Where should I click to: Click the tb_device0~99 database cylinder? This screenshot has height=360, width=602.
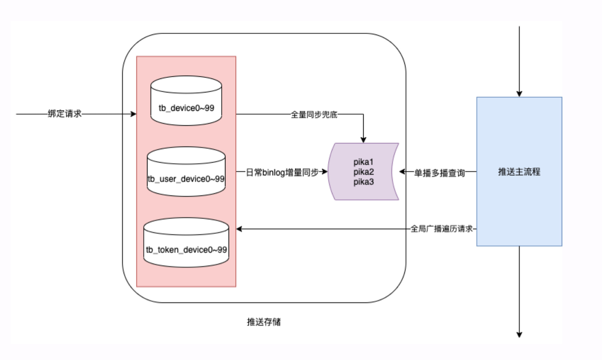(x=186, y=101)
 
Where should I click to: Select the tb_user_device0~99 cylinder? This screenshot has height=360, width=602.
(x=186, y=172)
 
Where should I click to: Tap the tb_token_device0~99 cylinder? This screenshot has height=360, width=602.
(x=186, y=242)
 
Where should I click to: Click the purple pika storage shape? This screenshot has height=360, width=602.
(x=363, y=172)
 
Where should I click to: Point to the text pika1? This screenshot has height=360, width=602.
(x=363, y=162)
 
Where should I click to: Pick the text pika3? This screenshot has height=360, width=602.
(x=363, y=182)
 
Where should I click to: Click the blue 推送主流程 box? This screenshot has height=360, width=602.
(x=519, y=172)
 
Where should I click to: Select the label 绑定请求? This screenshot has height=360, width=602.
(x=65, y=114)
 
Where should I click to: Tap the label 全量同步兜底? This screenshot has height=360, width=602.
(x=314, y=114)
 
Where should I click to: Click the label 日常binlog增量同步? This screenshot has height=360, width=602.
(x=282, y=172)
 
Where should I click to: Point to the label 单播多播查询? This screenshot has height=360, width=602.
(x=439, y=173)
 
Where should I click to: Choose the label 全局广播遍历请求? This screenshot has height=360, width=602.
(x=441, y=229)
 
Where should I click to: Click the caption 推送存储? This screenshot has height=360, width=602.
(x=264, y=322)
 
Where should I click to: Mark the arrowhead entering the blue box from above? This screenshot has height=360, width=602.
(x=519, y=94)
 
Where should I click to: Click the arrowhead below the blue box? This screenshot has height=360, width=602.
(x=519, y=335)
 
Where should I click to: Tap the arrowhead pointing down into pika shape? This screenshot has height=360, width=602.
(x=363, y=140)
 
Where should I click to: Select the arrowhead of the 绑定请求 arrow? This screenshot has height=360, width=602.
(x=133, y=114)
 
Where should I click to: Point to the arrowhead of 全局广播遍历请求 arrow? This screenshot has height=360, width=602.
(x=239, y=229)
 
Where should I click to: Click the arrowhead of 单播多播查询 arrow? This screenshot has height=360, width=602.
(x=402, y=172)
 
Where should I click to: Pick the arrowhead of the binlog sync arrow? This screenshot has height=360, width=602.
(x=324, y=172)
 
